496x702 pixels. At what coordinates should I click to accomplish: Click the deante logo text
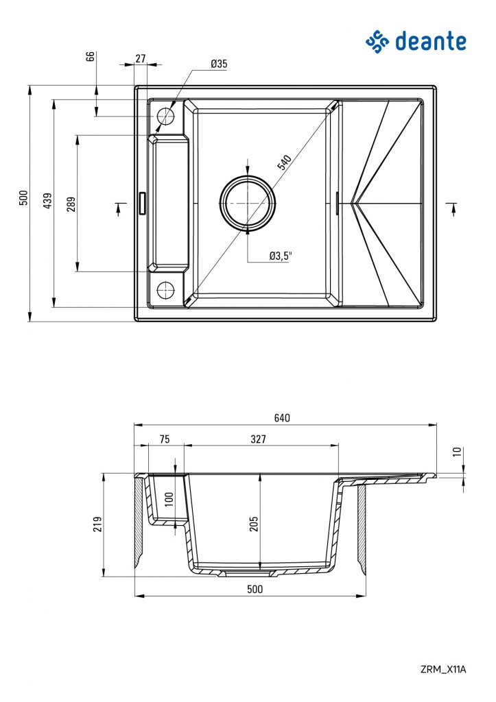(430, 41)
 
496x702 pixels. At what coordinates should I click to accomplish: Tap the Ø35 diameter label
(219, 64)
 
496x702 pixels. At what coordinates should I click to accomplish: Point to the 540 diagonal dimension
(284, 163)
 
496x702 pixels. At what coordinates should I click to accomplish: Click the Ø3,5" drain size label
(281, 256)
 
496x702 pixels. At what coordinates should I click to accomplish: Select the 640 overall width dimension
(283, 417)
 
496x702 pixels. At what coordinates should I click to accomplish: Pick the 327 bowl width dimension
(258, 439)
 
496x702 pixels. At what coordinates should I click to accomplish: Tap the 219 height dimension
(97, 524)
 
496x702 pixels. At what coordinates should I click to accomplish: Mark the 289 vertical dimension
(71, 203)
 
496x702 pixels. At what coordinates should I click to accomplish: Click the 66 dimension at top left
(90, 56)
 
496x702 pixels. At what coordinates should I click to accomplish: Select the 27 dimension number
(141, 59)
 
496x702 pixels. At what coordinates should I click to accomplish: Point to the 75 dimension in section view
(165, 439)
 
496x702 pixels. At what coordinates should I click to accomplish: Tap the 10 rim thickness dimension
(458, 452)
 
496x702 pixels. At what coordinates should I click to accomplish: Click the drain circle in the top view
(248, 203)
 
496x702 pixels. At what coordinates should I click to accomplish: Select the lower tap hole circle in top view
(166, 290)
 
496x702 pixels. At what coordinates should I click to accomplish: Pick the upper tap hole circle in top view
(166, 116)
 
